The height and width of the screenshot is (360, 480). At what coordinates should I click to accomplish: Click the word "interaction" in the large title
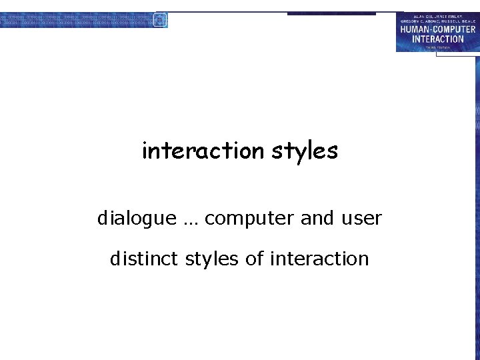203,151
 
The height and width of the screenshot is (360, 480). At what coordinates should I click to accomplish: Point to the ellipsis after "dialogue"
191,221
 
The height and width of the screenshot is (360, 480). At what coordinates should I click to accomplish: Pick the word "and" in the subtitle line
316,218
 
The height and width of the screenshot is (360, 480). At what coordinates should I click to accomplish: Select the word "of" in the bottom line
255,259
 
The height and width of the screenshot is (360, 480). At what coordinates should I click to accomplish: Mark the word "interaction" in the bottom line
319,259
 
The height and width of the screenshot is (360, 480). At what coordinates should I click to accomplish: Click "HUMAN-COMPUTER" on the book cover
438,29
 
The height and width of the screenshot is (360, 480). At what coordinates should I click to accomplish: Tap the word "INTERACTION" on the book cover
437,39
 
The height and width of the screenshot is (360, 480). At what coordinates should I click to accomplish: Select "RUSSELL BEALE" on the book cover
457,22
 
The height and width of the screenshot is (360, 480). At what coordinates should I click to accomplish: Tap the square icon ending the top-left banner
160,19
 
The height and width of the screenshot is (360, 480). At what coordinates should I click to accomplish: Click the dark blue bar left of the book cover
331,13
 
